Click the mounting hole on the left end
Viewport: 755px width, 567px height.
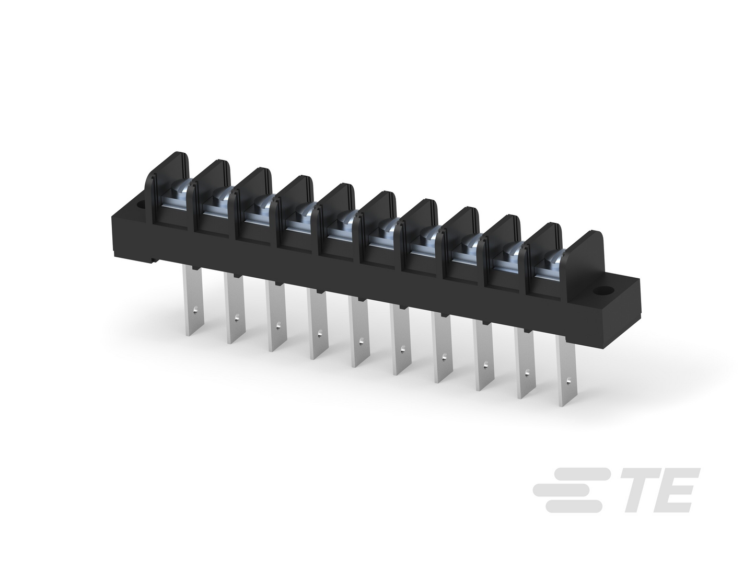point(141,207)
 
